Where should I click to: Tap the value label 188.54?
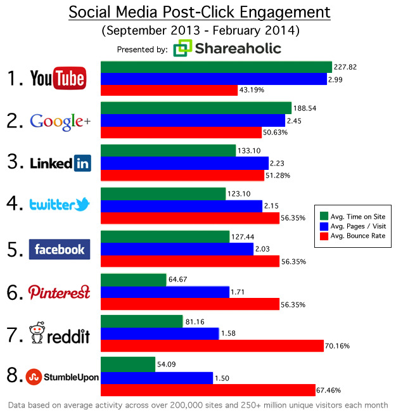(x=306, y=108)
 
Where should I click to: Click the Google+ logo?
(x=60, y=120)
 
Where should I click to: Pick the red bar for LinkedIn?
(x=182, y=175)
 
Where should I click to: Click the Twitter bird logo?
(x=80, y=204)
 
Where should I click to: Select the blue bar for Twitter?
(x=181, y=206)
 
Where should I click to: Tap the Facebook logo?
(x=60, y=249)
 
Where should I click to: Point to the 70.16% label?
(x=337, y=346)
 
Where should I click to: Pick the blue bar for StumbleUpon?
(x=157, y=378)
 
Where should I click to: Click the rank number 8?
(x=11, y=376)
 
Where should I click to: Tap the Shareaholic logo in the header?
(x=228, y=48)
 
